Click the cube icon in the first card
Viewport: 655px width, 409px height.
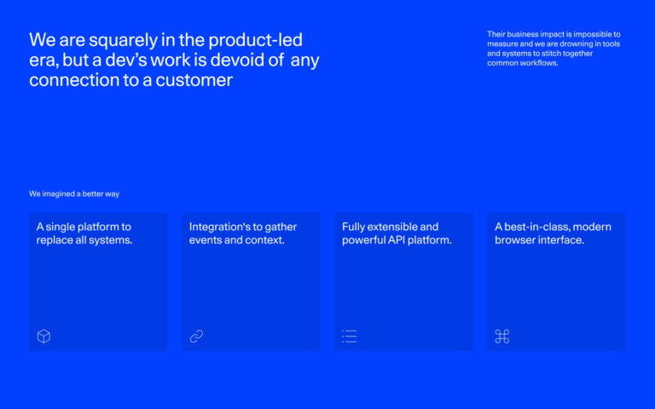pyautogui.click(x=43, y=337)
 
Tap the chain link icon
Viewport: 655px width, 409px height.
pyautogui.click(x=196, y=337)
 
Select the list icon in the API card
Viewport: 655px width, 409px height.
pyautogui.click(x=349, y=337)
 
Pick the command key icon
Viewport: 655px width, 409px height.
pyautogui.click(x=502, y=337)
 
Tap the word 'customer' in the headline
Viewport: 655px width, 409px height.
pyautogui.click(x=194, y=81)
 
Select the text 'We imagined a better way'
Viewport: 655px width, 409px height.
pyautogui.click(x=74, y=194)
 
